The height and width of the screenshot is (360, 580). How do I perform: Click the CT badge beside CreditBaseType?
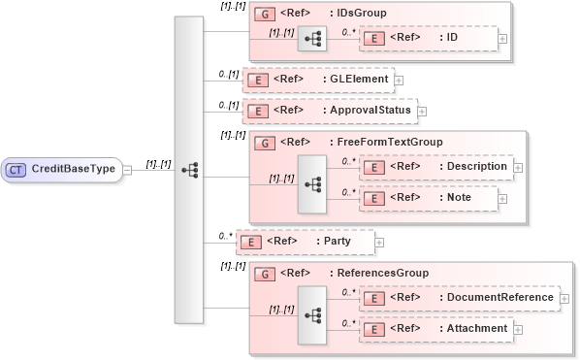pos(16,169)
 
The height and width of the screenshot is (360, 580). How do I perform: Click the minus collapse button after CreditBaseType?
pos(127,170)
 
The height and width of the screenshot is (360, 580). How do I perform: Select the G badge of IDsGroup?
pos(262,15)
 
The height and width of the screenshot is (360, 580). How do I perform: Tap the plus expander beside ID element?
pos(502,40)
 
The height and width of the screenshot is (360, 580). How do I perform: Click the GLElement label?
pos(359,79)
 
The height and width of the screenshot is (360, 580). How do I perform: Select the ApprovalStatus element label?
pos(371,111)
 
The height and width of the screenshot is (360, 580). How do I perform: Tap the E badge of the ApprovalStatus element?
pos(257,111)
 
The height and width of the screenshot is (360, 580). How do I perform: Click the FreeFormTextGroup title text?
pos(387,143)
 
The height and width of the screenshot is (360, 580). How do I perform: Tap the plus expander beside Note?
pos(503,199)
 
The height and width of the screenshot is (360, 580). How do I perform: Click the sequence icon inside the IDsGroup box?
pos(313,40)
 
